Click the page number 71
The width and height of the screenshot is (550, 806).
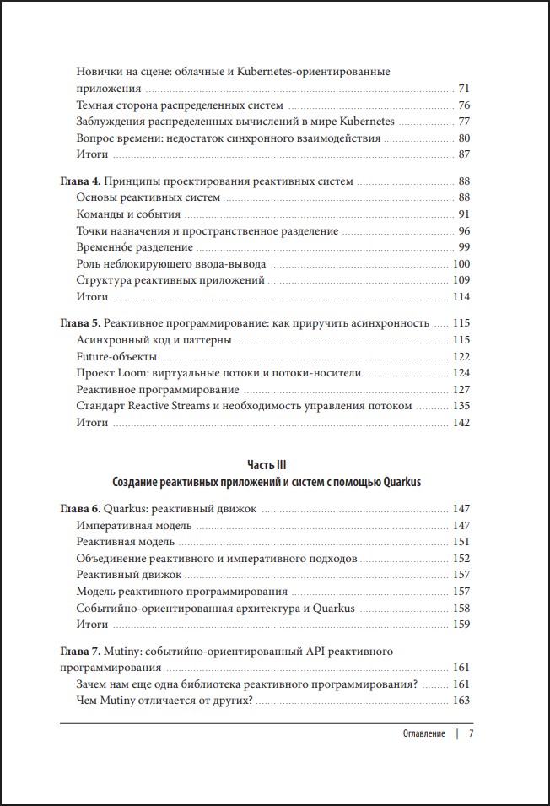[463, 89]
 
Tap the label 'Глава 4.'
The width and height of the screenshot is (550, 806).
[82, 181]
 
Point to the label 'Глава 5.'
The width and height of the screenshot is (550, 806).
[82, 323]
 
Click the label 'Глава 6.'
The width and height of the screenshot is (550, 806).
[82, 509]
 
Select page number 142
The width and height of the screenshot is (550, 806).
[461, 422]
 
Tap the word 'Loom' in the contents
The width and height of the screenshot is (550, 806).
[135, 373]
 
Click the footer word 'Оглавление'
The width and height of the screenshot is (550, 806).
[423, 733]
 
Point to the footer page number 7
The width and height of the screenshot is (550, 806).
[472, 733]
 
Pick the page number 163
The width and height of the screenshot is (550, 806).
[461, 700]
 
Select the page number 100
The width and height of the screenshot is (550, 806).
[461, 263]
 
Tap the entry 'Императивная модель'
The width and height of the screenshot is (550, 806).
[133, 525]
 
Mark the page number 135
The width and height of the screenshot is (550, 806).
[461, 406]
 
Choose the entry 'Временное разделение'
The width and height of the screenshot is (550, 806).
[135, 247]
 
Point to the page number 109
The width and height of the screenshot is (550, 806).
[461, 280]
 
